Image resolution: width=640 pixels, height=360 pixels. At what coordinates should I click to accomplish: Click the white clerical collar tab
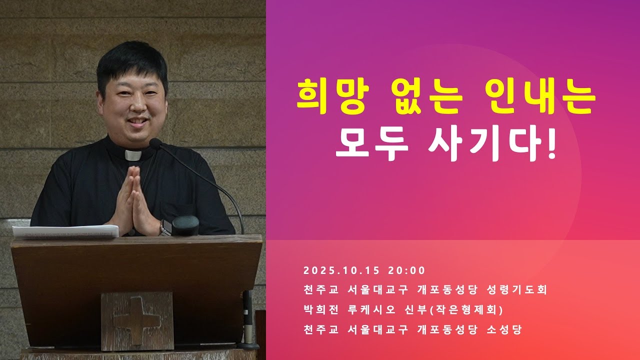(133, 155)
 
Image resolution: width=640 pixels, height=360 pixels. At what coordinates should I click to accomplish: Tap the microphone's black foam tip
(155, 144)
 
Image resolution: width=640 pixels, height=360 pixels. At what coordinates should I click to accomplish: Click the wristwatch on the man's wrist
(164, 228)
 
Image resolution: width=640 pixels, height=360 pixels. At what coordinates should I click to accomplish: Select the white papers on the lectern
(65, 231)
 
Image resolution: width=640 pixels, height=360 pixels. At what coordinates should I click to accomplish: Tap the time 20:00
(406, 271)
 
